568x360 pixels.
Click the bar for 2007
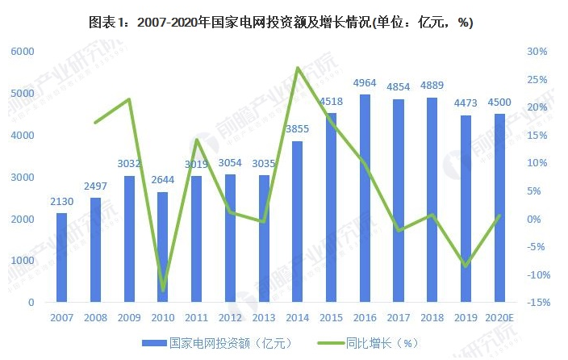click(61, 257)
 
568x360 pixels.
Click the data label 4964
click(365, 83)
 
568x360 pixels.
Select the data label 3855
click(298, 130)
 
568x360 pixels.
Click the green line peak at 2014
click(298, 68)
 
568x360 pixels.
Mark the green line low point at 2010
click(163, 290)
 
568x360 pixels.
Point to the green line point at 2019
click(466, 266)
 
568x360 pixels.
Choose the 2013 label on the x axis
click(264, 317)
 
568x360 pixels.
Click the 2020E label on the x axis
click(499, 317)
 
